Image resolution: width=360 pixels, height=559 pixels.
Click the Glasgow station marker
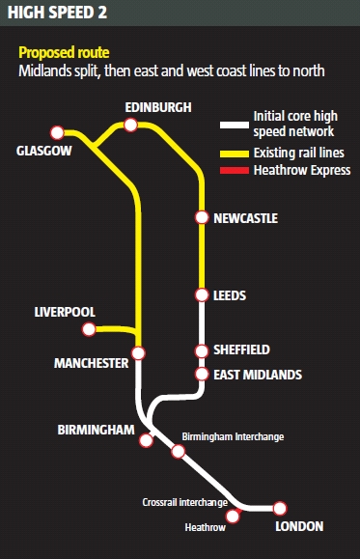coord(58,132)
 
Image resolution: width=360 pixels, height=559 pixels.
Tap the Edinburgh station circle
coord(131,125)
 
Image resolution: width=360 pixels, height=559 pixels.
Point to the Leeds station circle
coord(202,294)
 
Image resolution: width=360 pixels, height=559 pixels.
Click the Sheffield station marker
coord(202,351)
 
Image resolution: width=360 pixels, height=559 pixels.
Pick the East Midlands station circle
coord(202,374)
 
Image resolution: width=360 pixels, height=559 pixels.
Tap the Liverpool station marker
coord(89,329)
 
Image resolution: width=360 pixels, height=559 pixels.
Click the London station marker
coord(280,508)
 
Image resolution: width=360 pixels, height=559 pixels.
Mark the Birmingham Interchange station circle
coord(178,451)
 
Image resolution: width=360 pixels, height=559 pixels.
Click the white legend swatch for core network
coord(234,125)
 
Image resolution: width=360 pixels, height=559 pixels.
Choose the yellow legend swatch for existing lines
coord(234,153)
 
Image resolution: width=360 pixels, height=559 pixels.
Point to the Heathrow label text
coord(205,528)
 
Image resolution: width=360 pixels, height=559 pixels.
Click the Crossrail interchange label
coord(184,502)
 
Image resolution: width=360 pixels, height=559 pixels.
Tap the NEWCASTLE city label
coord(244,219)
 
